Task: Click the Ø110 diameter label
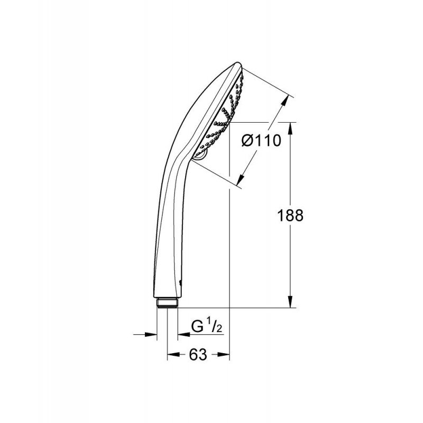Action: [x=261, y=141]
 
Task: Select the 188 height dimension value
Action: [x=290, y=216]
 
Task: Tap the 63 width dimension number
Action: [x=198, y=354]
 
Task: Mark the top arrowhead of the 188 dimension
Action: [x=290, y=128]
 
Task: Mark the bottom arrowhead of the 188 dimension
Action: [x=290, y=301]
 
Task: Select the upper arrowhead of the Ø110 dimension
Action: [x=284, y=102]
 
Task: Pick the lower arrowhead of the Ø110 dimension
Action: [x=241, y=180]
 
